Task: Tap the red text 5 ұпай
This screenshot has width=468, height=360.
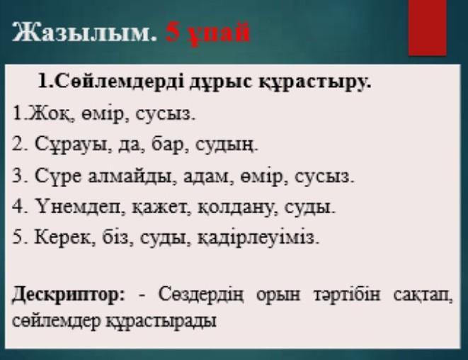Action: [207, 33]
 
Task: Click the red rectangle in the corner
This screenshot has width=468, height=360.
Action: [428, 28]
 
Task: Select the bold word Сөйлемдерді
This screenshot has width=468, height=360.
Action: [120, 81]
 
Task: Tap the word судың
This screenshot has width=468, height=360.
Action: [226, 145]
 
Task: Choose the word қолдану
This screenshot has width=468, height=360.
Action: [235, 207]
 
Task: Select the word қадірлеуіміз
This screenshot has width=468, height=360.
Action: [258, 238]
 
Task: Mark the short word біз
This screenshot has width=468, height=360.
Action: [117, 237]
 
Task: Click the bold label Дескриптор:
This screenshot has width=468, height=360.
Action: [68, 296]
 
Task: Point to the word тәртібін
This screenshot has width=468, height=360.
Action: [347, 295]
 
